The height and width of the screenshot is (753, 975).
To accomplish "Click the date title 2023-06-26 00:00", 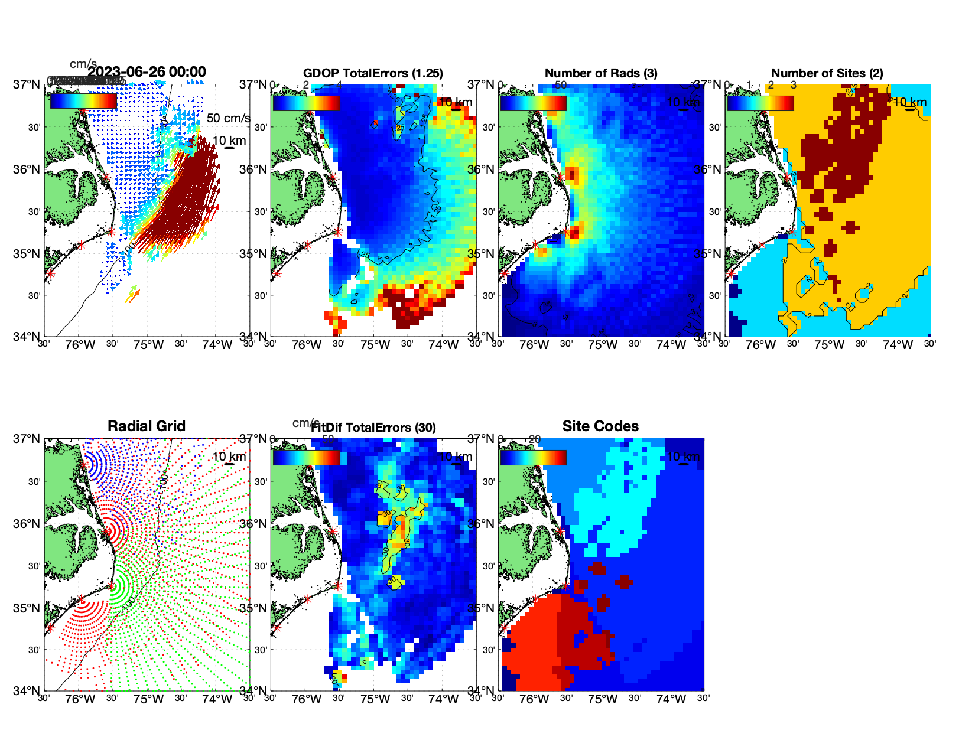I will pyautogui.click(x=147, y=72).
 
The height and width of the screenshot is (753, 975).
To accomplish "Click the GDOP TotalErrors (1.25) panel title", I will pyautogui.click(x=373, y=73).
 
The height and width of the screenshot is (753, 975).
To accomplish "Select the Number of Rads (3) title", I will pyautogui.click(x=601, y=73).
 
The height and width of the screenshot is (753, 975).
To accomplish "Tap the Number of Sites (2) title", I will pyautogui.click(x=827, y=73).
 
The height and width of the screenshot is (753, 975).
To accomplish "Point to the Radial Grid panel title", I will pyautogui.click(x=147, y=426).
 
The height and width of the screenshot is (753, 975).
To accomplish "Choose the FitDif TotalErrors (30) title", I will pyautogui.click(x=373, y=428).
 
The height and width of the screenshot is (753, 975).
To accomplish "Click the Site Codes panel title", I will pyautogui.click(x=600, y=426).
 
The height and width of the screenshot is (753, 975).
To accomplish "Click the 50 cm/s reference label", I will pyautogui.click(x=228, y=118).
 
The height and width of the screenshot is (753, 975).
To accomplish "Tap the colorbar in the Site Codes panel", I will pyautogui.click(x=533, y=458).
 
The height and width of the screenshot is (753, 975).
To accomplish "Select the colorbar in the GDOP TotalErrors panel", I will pyautogui.click(x=306, y=103).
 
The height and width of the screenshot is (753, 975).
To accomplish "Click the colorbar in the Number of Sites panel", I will pyautogui.click(x=760, y=103).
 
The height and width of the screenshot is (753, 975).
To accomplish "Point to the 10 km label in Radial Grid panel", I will pyautogui.click(x=229, y=457).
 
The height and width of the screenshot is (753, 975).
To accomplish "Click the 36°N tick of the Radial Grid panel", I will pyautogui.click(x=27, y=524).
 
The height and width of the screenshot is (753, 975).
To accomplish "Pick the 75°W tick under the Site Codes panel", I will pyautogui.click(x=602, y=700).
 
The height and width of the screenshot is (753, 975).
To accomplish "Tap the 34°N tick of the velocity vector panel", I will pyautogui.click(x=27, y=337).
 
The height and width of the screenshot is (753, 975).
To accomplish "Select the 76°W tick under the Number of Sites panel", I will pyautogui.click(x=760, y=345).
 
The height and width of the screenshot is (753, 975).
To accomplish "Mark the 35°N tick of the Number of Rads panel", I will pyautogui.click(x=482, y=254).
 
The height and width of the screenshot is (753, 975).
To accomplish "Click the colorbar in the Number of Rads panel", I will pyautogui.click(x=533, y=103).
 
